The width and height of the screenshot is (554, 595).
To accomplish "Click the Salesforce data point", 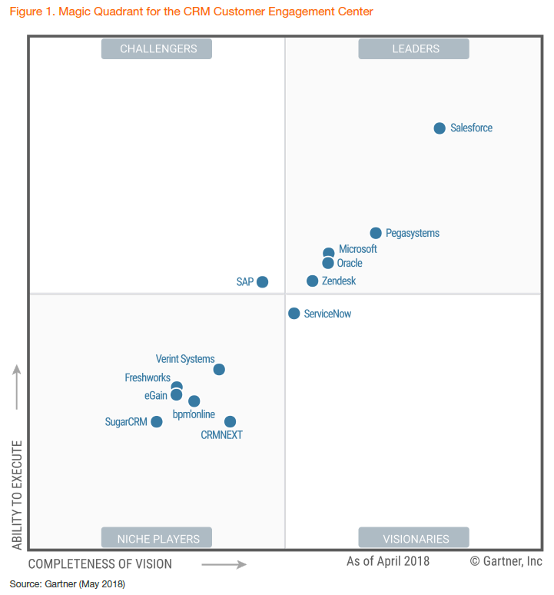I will [x=440, y=128].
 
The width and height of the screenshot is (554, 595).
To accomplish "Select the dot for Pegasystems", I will [x=376, y=233].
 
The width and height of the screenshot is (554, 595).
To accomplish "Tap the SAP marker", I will [x=262, y=282].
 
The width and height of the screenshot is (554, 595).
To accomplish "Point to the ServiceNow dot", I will [x=294, y=314].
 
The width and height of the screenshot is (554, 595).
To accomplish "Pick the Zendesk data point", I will [x=313, y=281].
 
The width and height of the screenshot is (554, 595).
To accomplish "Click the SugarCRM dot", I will [x=157, y=421].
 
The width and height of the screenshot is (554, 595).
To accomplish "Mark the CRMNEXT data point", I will [x=230, y=421].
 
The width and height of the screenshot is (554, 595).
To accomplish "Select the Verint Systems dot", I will [x=219, y=370].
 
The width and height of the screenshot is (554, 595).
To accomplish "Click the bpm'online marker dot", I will [x=194, y=401].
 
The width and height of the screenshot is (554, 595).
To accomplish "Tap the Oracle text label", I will [x=350, y=264].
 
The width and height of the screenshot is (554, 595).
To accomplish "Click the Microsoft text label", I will [x=358, y=249].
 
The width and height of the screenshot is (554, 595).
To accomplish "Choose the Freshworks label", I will [x=148, y=377].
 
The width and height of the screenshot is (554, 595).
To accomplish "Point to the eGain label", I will [x=157, y=395].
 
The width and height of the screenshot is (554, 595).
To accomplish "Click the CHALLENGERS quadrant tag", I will [x=158, y=49].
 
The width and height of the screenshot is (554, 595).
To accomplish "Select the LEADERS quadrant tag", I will [x=415, y=49].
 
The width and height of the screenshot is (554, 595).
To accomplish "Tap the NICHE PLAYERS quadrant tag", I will [x=158, y=538].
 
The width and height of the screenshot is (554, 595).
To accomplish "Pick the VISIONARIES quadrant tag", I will [x=415, y=538].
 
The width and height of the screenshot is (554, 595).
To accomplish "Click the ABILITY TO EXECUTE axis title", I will [x=18, y=494].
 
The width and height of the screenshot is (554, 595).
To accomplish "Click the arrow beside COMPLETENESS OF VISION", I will [x=224, y=564].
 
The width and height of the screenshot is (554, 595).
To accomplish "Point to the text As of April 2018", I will [x=388, y=561].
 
